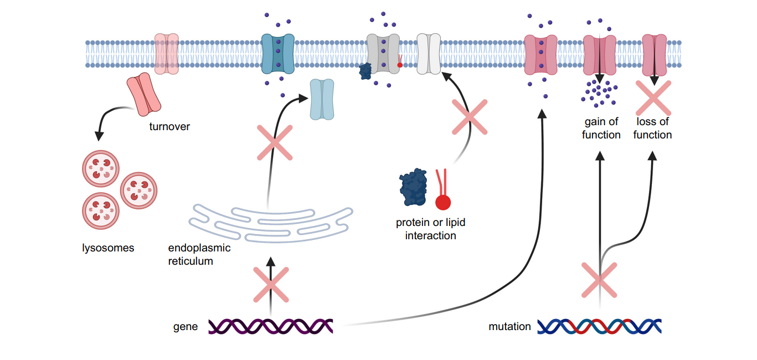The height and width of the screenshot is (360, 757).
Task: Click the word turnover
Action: (x=169, y=127)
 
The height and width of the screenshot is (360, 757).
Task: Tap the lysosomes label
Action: (x=108, y=248)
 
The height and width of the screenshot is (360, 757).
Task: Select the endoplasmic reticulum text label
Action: (x=199, y=254)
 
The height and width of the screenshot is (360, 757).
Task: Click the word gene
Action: (x=186, y=327)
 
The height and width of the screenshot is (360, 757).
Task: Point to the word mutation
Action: (x=509, y=327)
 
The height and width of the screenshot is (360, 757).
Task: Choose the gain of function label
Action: (x=601, y=128)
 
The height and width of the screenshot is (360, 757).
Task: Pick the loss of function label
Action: (x=652, y=128)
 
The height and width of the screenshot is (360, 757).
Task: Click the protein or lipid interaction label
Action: (x=430, y=229)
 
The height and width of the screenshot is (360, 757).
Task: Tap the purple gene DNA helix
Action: (x=271, y=326)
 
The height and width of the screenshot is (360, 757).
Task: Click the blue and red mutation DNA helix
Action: (x=600, y=327)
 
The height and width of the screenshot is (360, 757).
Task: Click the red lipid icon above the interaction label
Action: (x=442, y=191)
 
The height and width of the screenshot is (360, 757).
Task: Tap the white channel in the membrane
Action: (x=428, y=54)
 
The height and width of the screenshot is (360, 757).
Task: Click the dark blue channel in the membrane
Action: (x=277, y=54)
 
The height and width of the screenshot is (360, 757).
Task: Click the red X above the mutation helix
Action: (x=600, y=280)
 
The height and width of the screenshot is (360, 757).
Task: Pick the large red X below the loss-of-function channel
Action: (x=653, y=98)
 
